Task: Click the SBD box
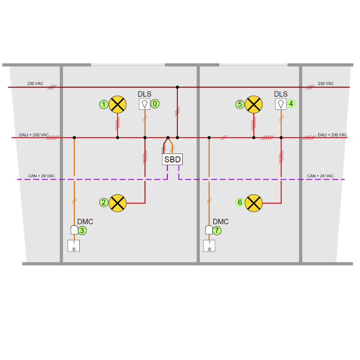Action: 172,159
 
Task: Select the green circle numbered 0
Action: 155,103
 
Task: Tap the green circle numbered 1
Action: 104,104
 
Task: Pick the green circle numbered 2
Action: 104,202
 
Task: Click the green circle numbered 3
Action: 82,230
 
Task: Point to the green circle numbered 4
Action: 291,103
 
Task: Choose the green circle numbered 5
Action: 240,104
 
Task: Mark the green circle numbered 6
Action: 240,202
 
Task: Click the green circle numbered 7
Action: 217,230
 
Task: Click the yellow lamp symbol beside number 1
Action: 118,104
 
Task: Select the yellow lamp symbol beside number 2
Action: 118,202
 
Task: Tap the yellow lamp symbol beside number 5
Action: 254,104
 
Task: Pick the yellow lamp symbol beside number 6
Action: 254,202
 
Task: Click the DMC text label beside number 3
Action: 85,221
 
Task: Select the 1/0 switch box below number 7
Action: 209,246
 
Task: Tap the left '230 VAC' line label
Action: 35,84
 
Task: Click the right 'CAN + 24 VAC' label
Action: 320,175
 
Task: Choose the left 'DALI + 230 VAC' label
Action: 34,135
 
